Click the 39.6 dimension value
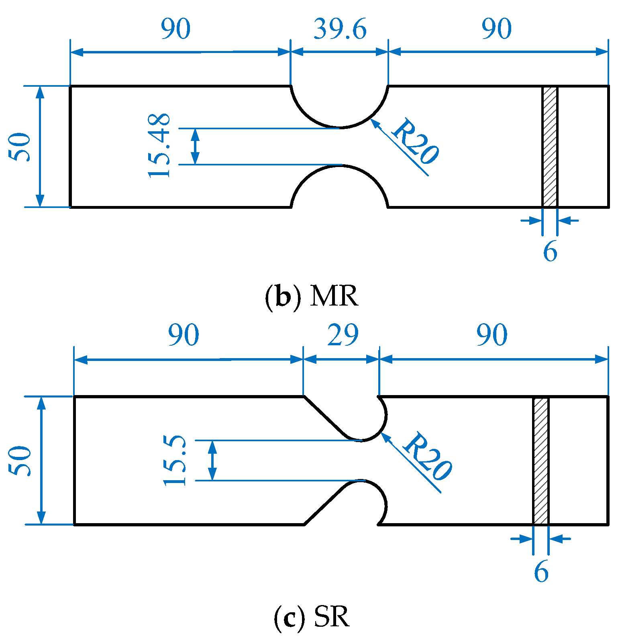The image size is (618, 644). pos(340,29)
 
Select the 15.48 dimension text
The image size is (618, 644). pos(159,146)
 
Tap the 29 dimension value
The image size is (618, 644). pos(343,335)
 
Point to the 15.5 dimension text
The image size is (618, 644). pos(175,460)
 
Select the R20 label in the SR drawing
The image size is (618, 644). pos(427,457)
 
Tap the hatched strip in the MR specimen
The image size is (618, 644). pos(550,147)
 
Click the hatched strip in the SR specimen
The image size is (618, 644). pos(540,460)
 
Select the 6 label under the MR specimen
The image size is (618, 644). pos(550,252)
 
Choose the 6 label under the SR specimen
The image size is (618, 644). pos(541,572)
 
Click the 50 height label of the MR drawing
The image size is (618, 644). pos(20,147)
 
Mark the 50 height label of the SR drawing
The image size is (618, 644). pos(20,461)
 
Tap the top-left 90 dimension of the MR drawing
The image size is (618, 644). pos(175,29)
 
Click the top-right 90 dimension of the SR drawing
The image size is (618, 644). pos(492,335)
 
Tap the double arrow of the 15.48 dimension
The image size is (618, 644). pos(195,146)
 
